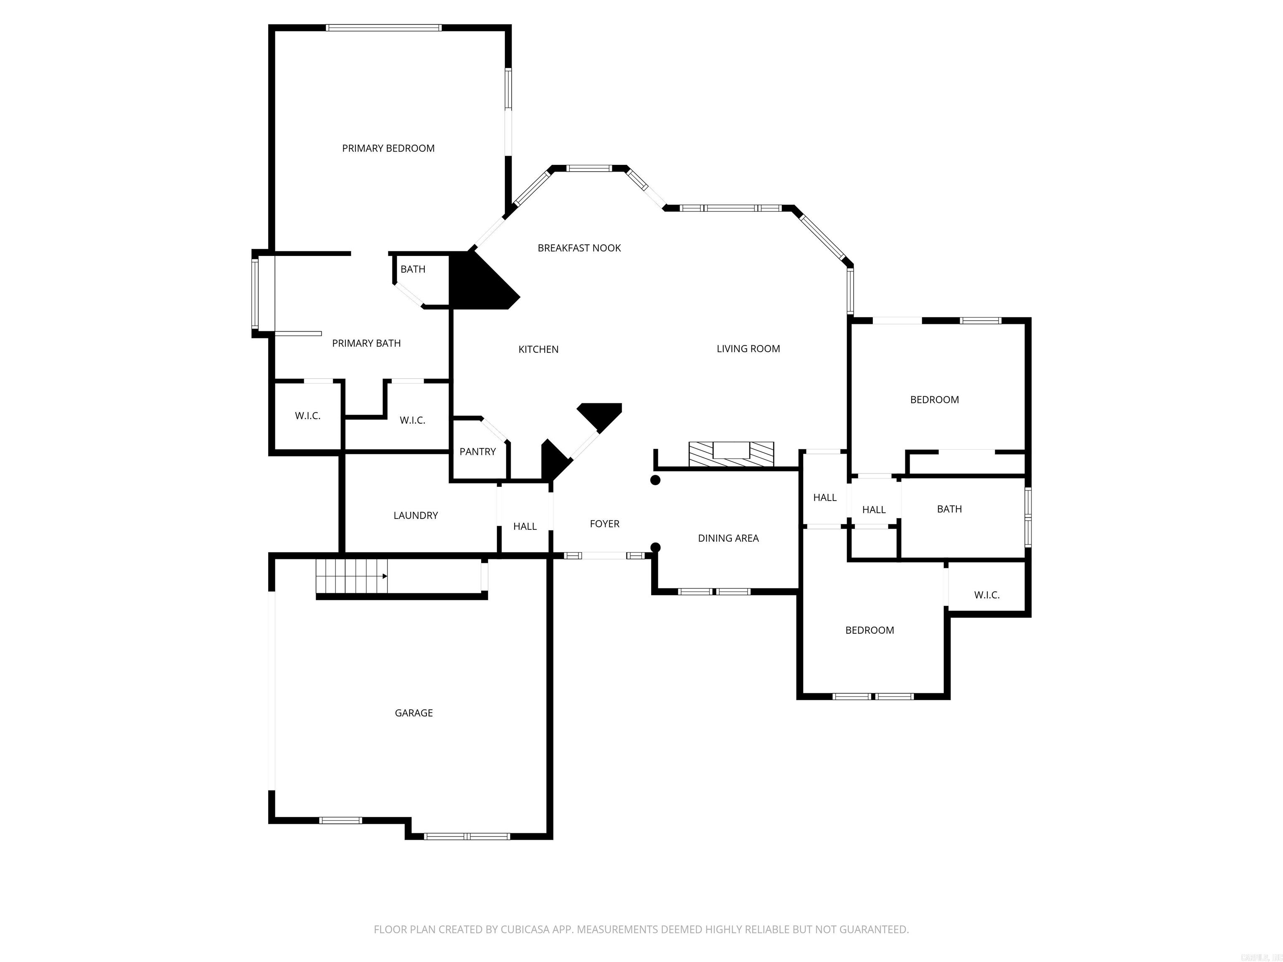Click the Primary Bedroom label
388,149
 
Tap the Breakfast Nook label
579,248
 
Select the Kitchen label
538,349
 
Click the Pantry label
477,452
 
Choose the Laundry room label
415,516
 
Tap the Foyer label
604,524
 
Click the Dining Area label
728,538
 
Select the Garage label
413,713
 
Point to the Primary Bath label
366,343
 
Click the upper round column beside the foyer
655,480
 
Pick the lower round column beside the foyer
655,547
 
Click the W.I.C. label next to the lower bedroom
986,595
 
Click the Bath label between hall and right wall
949,509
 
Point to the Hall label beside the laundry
525,527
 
